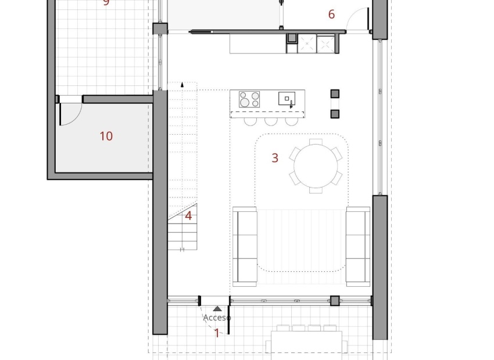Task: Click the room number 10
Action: pos(106,136)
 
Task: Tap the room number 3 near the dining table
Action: pos(275,157)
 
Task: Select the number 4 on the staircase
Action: pos(188,216)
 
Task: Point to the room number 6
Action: pos(331,15)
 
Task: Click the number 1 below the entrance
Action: pos(217,333)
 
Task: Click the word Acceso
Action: pos(217,318)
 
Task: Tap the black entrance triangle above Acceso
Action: pos(217,309)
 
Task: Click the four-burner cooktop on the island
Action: pos(249,99)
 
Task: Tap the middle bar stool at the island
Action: pos(271,121)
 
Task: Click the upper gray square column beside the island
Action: pos(335,93)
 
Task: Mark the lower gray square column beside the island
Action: pos(335,114)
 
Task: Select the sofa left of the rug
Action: pos(245,246)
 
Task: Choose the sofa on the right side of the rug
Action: pos(358,246)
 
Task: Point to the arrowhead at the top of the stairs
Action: pos(182,85)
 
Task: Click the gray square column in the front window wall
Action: pos(335,300)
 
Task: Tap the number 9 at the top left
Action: pos(106,2)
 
